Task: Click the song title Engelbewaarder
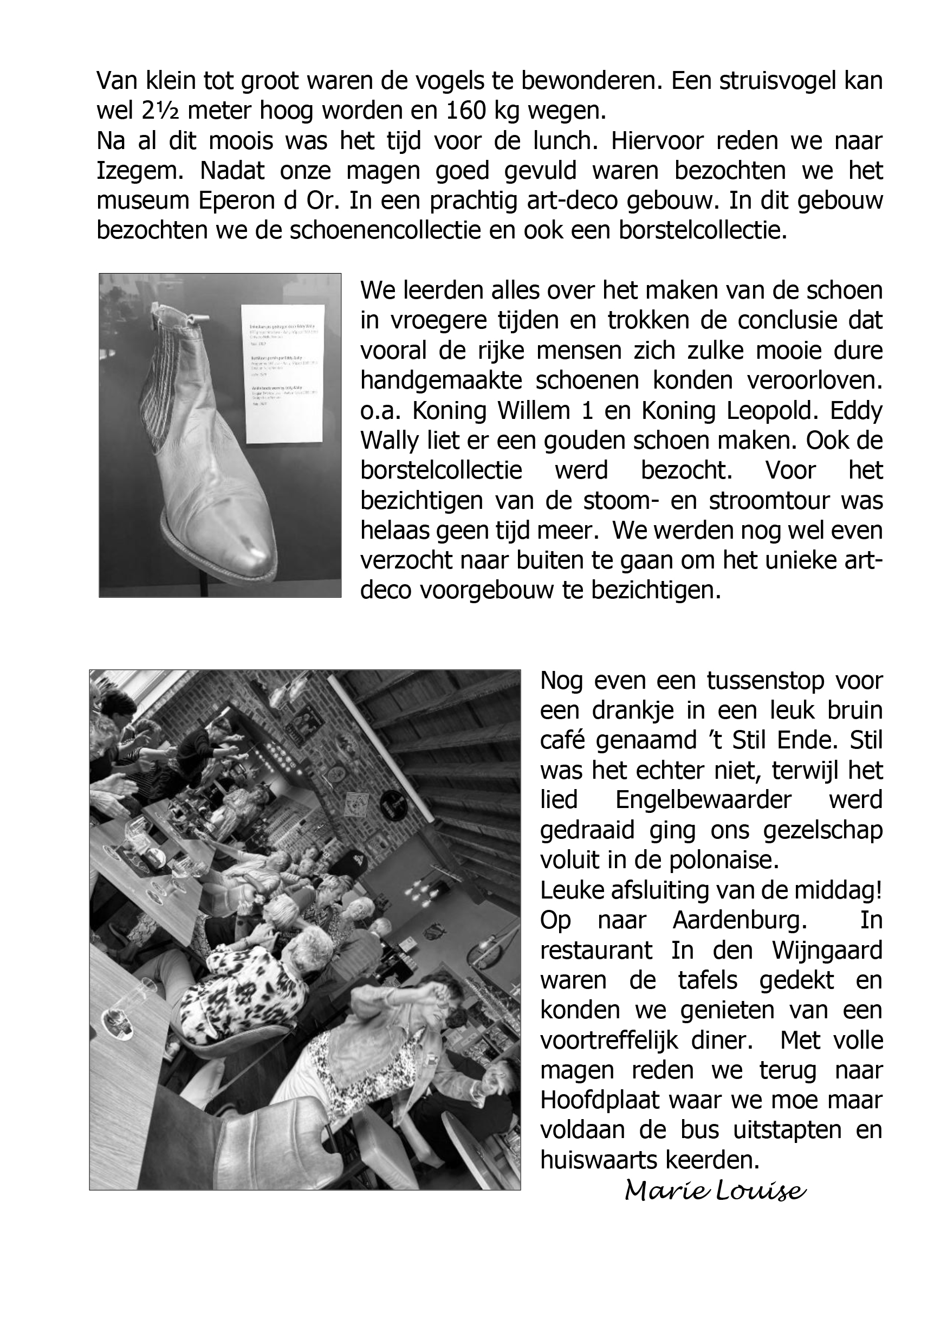click(704, 799)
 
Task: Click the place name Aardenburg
click(740, 920)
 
